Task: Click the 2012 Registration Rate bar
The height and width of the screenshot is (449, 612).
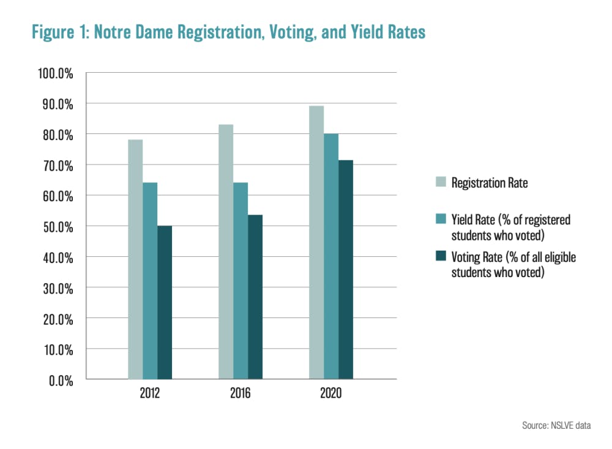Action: pos(135,259)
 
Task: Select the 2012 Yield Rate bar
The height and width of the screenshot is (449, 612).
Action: pos(150,281)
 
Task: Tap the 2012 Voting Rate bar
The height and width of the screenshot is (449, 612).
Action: pos(165,302)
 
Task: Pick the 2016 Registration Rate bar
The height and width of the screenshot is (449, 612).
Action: pos(226,251)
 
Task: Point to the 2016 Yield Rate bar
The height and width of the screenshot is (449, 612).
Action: pos(241,281)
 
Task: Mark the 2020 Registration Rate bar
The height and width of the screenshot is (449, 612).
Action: pos(316,242)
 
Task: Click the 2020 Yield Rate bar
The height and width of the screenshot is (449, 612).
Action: pos(331,256)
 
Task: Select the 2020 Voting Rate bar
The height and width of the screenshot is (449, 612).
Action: pos(346,269)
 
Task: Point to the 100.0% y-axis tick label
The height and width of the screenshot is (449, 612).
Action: pos(56,73)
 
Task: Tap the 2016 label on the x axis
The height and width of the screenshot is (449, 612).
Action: pos(241,393)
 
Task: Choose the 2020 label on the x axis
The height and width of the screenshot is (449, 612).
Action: pos(331,393)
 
